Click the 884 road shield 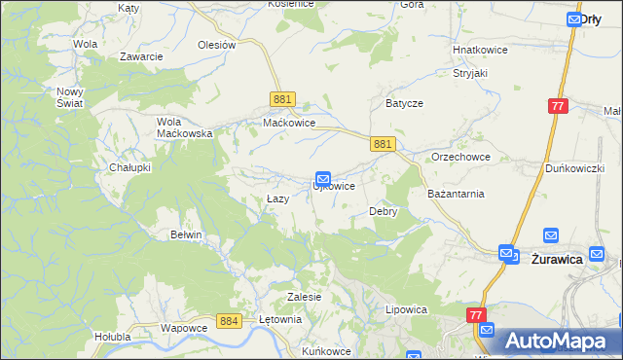(230, 321)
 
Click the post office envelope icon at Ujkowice (323, 178)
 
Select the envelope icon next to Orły (573, 18)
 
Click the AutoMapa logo (556, 342)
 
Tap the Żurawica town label (557, 260)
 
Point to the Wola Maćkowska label (185, 127)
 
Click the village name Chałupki (129, 167)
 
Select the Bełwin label (186, 234)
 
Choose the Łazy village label (278, 199)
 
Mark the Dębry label (383, 211)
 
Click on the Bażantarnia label (456, 194)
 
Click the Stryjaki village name (468, 73)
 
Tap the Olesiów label (217, 45)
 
